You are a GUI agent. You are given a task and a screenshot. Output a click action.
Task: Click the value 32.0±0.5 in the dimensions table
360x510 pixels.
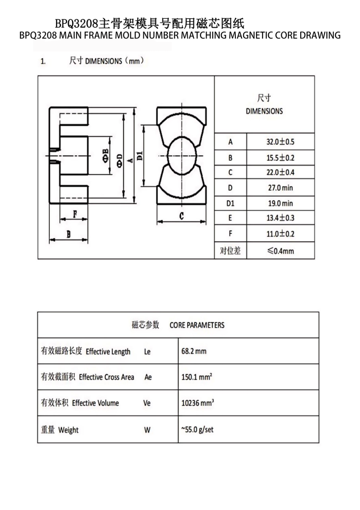(281, 141)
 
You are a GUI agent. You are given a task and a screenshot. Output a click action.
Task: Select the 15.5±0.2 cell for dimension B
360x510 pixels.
(281, 157)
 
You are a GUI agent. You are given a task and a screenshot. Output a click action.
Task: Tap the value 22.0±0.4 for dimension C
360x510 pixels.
(281, 172)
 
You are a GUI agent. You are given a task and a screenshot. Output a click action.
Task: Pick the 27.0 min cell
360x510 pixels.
(281, 187)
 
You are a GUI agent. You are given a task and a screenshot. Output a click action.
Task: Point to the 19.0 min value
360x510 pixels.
(281, 203)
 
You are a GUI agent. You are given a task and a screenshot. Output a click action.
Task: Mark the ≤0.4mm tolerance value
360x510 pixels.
(280, 251)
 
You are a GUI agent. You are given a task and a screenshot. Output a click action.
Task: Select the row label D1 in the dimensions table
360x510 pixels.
(230, 203)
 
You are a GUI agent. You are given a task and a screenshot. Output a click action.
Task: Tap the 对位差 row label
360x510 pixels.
(230, 251)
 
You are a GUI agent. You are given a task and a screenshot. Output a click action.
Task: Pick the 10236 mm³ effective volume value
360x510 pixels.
(198, 403)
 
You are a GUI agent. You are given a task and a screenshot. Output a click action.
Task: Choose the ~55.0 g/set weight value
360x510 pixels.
(197, 429)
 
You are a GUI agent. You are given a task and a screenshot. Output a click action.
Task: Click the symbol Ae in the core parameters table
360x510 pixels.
(147, 377)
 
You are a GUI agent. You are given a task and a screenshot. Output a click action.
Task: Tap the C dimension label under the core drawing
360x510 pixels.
(181, 216)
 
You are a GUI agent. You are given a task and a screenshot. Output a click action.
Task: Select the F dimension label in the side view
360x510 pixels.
(74, 212)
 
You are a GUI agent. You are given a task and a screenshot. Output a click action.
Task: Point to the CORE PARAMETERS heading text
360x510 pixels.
(197, 325)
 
